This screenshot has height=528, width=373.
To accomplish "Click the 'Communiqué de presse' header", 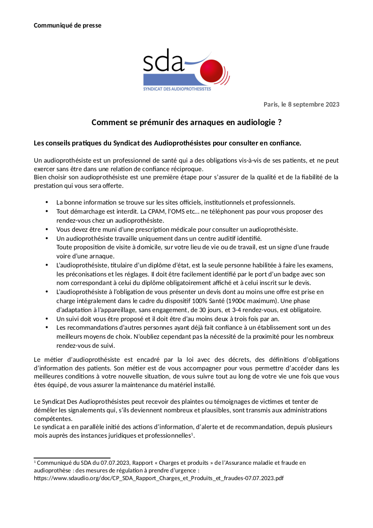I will (67, 25).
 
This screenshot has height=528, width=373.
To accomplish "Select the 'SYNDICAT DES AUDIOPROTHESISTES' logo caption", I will (177, 89).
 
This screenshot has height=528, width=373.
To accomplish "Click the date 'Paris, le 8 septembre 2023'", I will (301, 104).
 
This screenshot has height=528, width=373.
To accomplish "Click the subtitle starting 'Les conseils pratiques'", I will (167, 143).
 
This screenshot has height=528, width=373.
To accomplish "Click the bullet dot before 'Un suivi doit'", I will (47, 319).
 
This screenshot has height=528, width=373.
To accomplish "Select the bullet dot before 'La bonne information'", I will (47, 202).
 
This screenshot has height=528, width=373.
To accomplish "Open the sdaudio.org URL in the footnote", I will (159, 478).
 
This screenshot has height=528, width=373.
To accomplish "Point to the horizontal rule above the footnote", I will (72, 458).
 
